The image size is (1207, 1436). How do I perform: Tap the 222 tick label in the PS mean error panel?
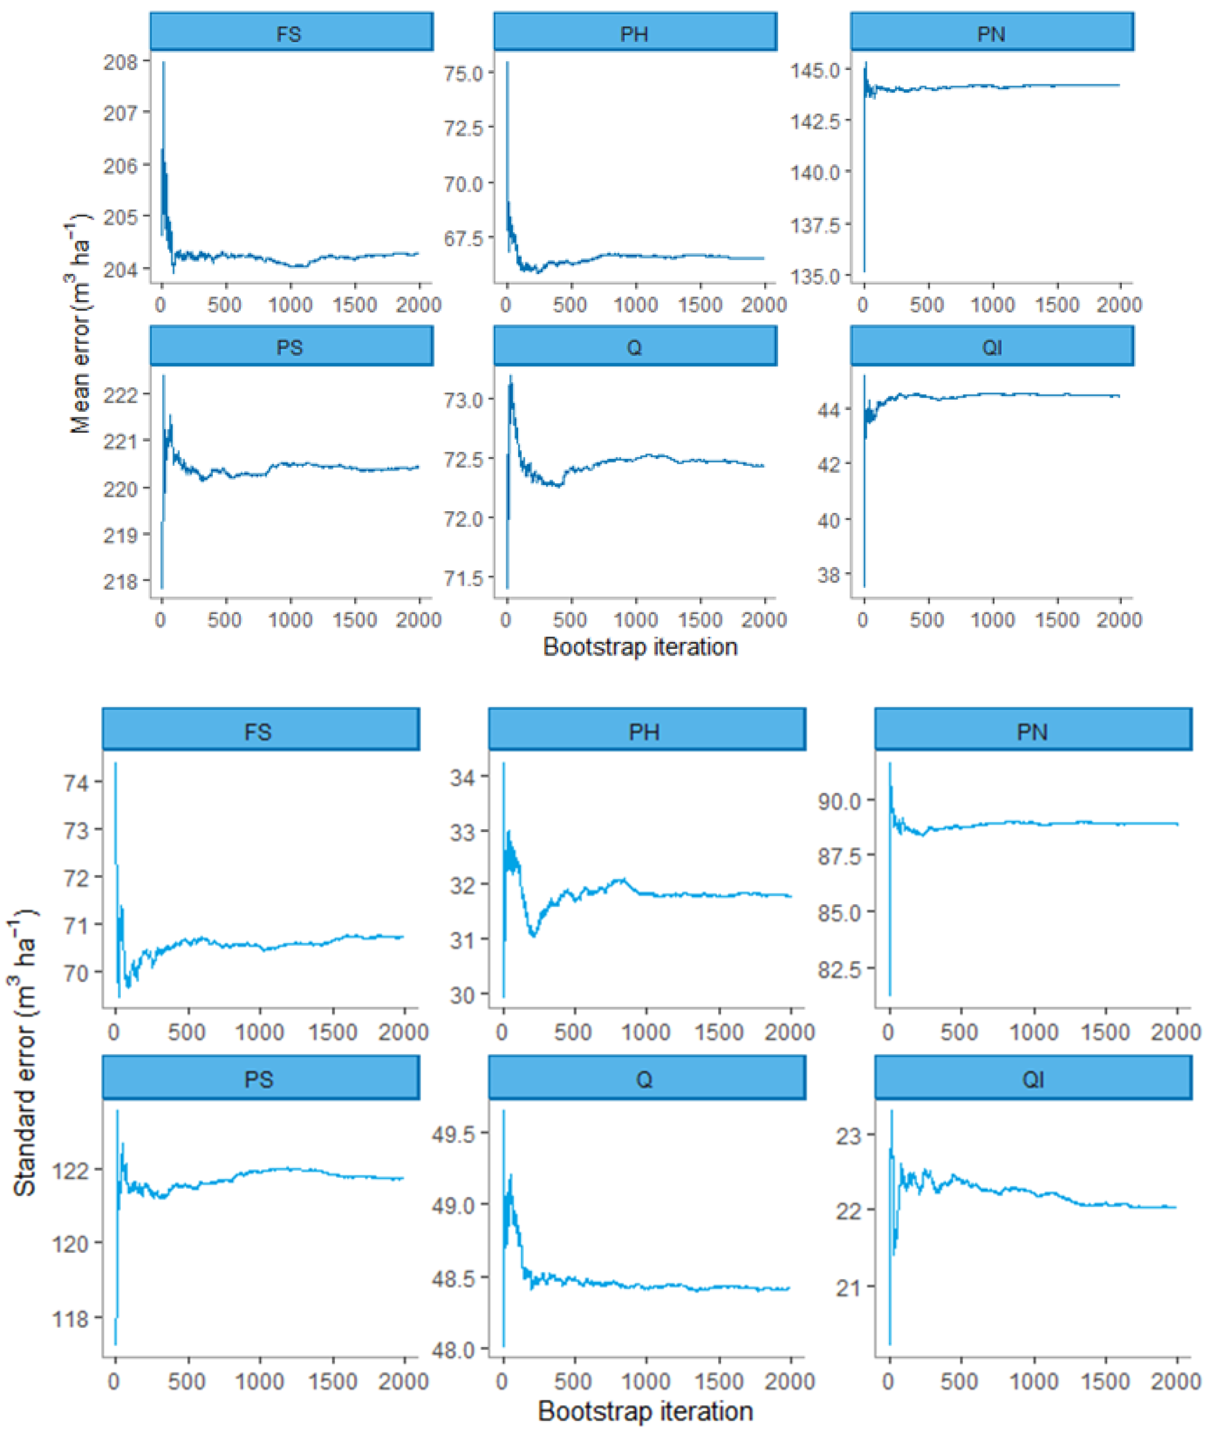120,395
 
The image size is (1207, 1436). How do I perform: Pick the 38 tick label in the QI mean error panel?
828,575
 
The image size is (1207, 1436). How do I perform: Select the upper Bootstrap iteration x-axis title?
640,647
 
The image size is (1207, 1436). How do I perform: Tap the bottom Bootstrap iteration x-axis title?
645,1411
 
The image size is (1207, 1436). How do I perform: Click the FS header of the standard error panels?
260,731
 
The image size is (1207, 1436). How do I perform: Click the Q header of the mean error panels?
634,347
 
